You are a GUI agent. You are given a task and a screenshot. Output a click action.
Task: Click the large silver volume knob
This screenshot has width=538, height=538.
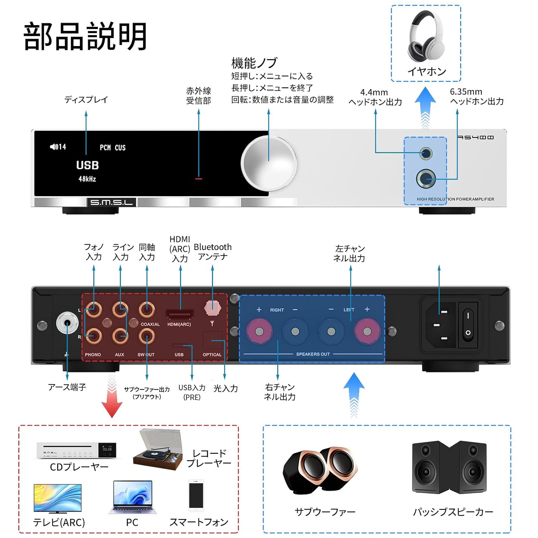click(269, 163)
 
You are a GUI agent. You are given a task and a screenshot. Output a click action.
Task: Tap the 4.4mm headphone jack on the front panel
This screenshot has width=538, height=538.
click(426, 154)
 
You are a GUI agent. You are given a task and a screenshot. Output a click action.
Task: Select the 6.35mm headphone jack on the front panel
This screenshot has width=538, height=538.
click(426, 178)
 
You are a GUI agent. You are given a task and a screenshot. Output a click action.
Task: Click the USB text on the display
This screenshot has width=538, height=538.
click(87, 165)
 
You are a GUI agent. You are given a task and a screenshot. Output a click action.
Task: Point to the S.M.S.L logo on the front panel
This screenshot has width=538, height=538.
click(111, 203)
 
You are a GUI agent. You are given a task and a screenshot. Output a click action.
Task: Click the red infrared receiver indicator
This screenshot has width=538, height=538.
click(199, 178)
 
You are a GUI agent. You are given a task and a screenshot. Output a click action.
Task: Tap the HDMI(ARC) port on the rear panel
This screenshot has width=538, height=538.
click(180, 315)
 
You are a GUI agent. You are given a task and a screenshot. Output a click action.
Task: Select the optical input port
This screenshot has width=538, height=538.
click(212, 340)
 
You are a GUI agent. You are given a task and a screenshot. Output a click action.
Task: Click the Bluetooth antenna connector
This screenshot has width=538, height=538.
click(212, 308)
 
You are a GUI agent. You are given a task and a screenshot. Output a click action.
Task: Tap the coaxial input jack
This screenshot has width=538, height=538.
click(147, 309)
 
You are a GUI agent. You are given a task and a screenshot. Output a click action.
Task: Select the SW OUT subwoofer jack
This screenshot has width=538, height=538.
click(147, 336)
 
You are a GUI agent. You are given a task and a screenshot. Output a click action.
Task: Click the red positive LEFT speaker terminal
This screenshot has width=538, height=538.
click(367, 331)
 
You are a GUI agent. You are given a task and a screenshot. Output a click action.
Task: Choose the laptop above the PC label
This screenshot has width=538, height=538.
click(132, 497)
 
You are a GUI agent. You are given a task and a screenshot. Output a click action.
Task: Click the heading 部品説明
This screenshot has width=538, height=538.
click(85, 36)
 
